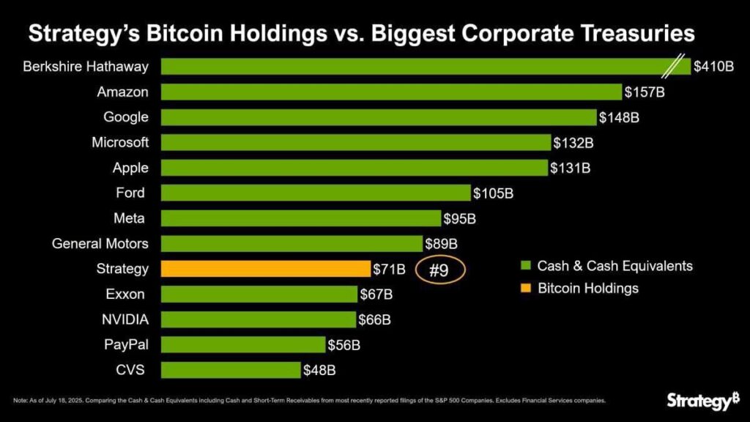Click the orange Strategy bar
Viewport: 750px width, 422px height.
coord(265,269)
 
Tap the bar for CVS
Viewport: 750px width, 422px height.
coord(230,370)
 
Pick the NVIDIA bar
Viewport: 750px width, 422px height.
coord(258,319)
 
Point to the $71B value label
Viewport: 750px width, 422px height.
coord(389,270)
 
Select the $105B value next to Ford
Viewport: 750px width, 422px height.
coord(494,193)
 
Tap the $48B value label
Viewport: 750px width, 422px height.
coord(319,371)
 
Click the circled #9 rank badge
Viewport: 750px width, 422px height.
coord(439,270)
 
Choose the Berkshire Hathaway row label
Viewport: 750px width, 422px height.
coord(86,67)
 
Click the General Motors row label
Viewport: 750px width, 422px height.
coord(100,243)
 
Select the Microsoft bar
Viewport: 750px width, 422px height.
coord(355,142)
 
